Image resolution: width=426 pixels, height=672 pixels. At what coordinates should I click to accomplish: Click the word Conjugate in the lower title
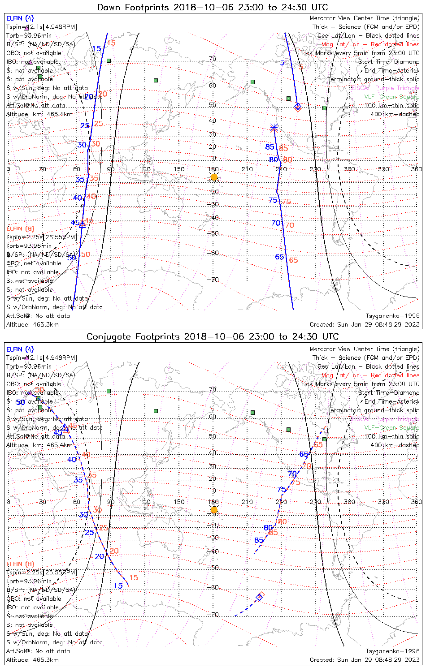[109, 337]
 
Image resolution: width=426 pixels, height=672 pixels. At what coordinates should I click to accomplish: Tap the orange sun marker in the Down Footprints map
[214, 177]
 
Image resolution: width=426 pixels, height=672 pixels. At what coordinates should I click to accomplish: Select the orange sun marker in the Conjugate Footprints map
[214, 510]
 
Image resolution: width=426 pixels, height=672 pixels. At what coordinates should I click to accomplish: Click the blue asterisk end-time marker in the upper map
[274, 128]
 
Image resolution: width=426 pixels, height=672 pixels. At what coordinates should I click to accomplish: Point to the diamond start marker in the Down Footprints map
[298, 107]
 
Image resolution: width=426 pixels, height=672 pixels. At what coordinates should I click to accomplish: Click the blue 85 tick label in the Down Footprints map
[270, 147]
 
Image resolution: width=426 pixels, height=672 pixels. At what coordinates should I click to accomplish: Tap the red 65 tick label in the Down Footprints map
[293, 260]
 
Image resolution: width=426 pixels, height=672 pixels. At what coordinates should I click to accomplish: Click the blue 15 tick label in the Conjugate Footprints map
[118, 586]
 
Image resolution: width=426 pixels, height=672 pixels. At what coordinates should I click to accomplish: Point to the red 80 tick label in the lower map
[282, 522]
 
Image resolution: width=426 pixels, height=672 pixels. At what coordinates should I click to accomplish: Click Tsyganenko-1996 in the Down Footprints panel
[392, 316]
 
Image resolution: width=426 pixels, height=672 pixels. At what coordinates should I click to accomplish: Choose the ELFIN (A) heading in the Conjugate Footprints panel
[20, 349]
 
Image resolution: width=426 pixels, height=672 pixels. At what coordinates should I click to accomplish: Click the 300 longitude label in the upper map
[349, 169]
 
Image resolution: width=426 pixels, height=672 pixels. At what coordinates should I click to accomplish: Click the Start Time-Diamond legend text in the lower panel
[389, 393]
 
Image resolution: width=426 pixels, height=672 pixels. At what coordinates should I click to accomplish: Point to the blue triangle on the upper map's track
[82, 225]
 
